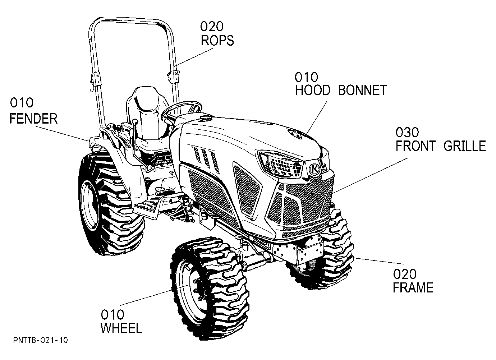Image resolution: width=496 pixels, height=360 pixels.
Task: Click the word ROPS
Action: pos(217,40)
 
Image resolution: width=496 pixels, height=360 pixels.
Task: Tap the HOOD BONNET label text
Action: pos(341,90)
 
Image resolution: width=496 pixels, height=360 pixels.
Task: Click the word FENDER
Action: pos(34,119)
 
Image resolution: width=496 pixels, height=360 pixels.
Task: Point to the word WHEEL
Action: pos(121,328)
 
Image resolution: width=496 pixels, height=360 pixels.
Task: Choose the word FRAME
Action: pos(413,287)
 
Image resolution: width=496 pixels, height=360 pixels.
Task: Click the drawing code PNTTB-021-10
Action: pos(41,340)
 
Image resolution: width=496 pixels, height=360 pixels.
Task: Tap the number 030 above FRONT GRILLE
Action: pos(407,132)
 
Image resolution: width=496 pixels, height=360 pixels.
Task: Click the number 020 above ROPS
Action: pos(212,27)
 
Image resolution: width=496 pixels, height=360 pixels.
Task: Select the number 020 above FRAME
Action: pos(405,274)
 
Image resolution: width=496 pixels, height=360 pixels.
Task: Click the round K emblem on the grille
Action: pos(314,169)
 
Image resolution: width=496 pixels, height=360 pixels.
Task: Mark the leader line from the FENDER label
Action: pos(62,134)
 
